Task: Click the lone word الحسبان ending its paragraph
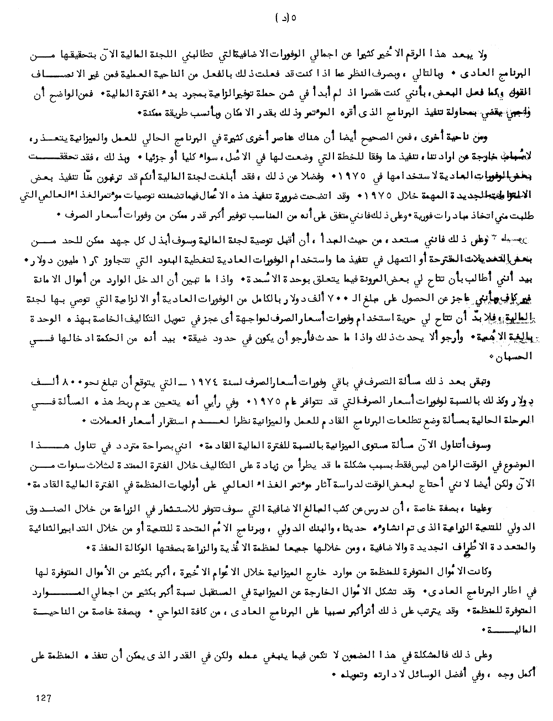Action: pyautogui.click(x=521, y=357)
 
